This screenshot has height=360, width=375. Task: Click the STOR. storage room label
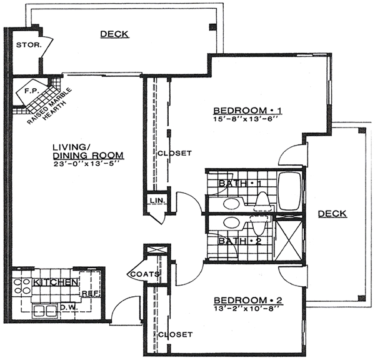pyautogui.click(x=29, y=45)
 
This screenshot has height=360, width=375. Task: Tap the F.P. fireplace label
pyautogui.click(x=31, y=91)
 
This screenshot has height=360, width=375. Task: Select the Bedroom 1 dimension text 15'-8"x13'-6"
pyautogui.click(x=246, y=119)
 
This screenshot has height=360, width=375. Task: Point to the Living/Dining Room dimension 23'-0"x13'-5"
pyautogui.click(x=86, y=164)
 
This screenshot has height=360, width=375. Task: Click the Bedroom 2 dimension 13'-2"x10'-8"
pyautogui.click(x=246, y=309)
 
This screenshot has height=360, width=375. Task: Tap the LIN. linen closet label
pyautogui.click(x=157, y=201)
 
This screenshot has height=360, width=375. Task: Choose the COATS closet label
pyautogui.click(x=145, y=274)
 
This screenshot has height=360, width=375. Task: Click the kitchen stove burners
pyautogui.click(x=22, y=286)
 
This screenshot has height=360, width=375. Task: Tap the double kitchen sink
pyautogui.click(x=45, y=311)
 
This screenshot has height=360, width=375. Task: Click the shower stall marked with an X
pyautogui.click(x=289, y=240)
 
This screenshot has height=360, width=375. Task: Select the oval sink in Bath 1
pyautogui.click(x=231, y=204)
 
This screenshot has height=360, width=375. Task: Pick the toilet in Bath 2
pyautogui.click(x=259, y=225)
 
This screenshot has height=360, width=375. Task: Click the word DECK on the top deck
pyautogui.click(x=114, y=34)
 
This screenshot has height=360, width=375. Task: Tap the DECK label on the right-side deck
pyautogui.click(x=332, y=214)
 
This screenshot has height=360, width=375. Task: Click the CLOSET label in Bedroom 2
pyautogui.click(x=175, y=334)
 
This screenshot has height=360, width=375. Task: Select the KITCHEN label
pyautogui.click(x=56, y=282)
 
